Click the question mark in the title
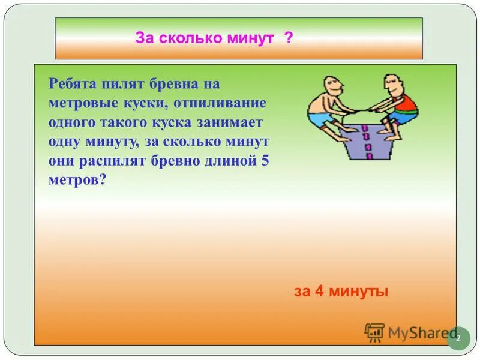click(289, 38)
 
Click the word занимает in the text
click(239, 123)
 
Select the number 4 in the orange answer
click(319, 292)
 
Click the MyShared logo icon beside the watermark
click(374, 332)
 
